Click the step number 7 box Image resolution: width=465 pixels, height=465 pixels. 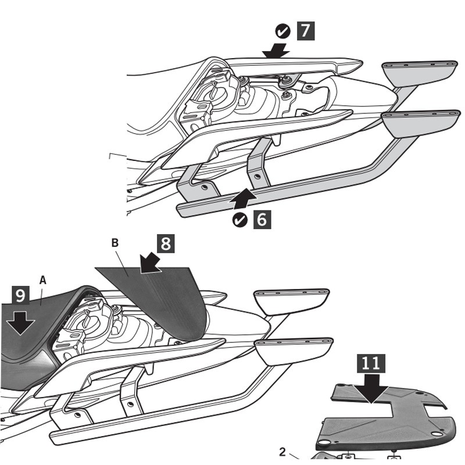coord(306,30)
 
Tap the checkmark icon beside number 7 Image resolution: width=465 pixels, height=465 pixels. coord(282,30)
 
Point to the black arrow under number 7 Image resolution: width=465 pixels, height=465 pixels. coord(276,51)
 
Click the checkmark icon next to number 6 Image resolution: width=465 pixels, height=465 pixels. coord(239,220)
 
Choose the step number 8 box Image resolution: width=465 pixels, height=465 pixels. coord(166,243)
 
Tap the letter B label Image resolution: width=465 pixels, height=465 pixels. coord(115,242)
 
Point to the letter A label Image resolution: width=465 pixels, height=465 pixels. coord(42,280)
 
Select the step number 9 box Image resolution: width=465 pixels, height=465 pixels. coord(20,295)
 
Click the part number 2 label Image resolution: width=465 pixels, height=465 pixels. coord(282,452)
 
